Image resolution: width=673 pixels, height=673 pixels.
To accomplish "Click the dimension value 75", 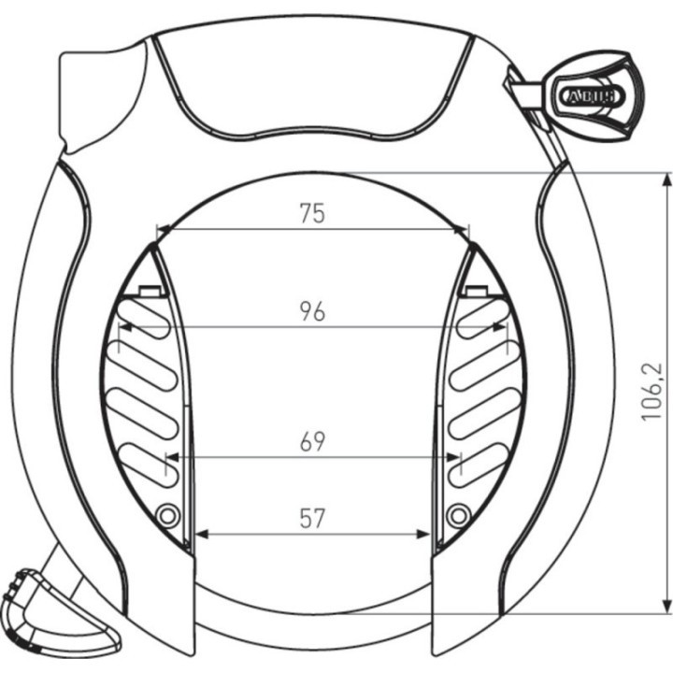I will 312,213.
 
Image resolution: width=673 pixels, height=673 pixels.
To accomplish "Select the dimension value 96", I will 312,311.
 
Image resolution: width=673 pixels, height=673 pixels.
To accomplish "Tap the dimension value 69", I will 312,442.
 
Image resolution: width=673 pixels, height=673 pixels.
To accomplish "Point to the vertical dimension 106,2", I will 652,390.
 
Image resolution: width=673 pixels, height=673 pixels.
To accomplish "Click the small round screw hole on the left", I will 167,514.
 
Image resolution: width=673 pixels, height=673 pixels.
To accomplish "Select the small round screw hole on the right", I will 457,514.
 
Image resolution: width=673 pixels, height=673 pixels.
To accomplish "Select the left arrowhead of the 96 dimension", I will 123,327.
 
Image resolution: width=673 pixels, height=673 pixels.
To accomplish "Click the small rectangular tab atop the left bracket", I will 147,292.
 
